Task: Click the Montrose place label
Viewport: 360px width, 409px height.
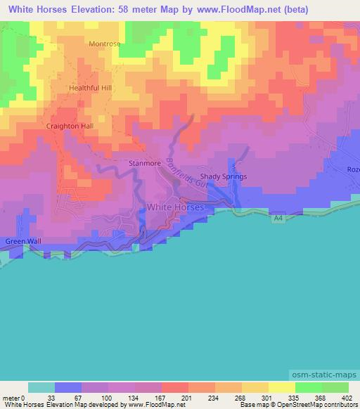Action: [x=105, y=44]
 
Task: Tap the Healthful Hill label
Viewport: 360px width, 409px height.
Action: [x=91, y=89]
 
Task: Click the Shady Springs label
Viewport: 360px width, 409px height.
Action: [x=223, y=176]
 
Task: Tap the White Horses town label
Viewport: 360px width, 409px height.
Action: [x=176, y=207]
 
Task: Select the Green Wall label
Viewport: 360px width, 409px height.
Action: [x=24, y=241]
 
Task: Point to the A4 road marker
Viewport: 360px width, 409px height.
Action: [x=278, y=219]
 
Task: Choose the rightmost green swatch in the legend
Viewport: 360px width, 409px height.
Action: [x=335, y=387]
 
